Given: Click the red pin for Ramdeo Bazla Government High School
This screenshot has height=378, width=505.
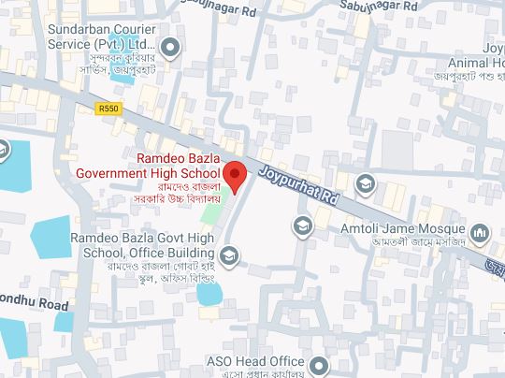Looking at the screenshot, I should point(236,174).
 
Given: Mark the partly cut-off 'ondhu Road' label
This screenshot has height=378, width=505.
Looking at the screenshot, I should point(35,305).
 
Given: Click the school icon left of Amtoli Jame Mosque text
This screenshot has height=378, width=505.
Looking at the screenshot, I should point(303,225).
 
